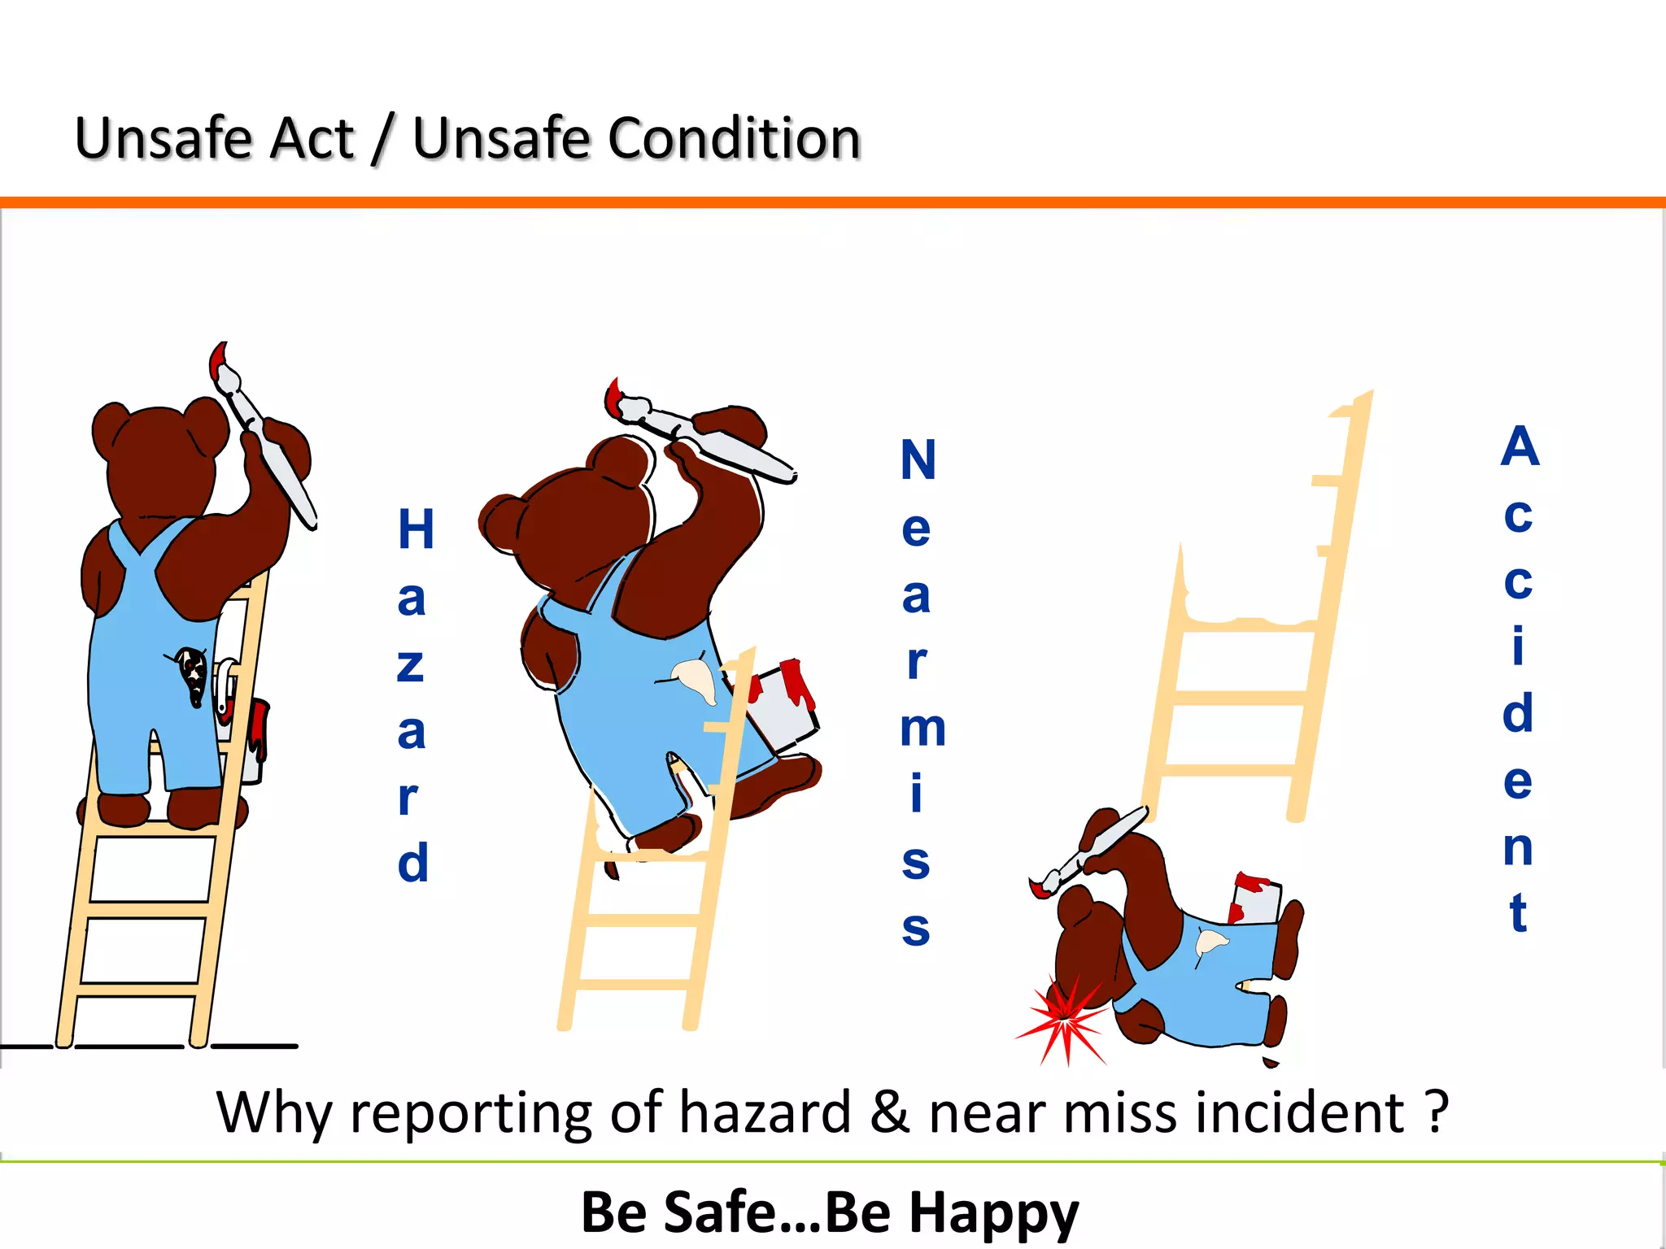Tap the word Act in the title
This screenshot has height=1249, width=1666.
[312, 138]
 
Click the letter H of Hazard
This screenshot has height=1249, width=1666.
[416, 529]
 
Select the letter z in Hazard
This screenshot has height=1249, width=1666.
[411, 664]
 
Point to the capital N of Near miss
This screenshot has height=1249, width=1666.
[918, 460]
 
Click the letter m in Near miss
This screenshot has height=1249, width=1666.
[922, 728]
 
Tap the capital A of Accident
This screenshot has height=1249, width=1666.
[1520, 446]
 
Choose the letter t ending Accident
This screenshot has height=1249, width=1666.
[1518, 912]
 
